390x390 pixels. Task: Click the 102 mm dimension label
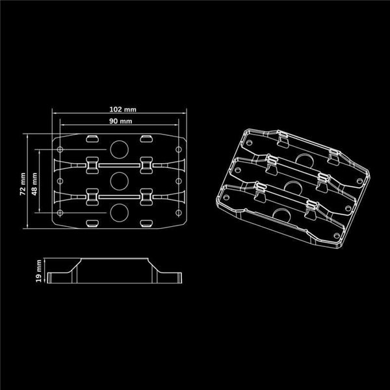(x=120, y=109)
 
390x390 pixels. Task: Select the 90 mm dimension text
(x=120, y=122)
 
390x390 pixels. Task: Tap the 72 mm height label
(x=23, y=184)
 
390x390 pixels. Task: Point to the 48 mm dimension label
(x=34, y=184)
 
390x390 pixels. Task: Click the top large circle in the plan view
(x=120, y=149)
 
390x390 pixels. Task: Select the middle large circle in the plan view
(x=120, y=179)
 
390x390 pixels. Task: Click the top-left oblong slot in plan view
(x=92, y=138)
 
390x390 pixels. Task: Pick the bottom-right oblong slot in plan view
(x=148, y=224)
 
